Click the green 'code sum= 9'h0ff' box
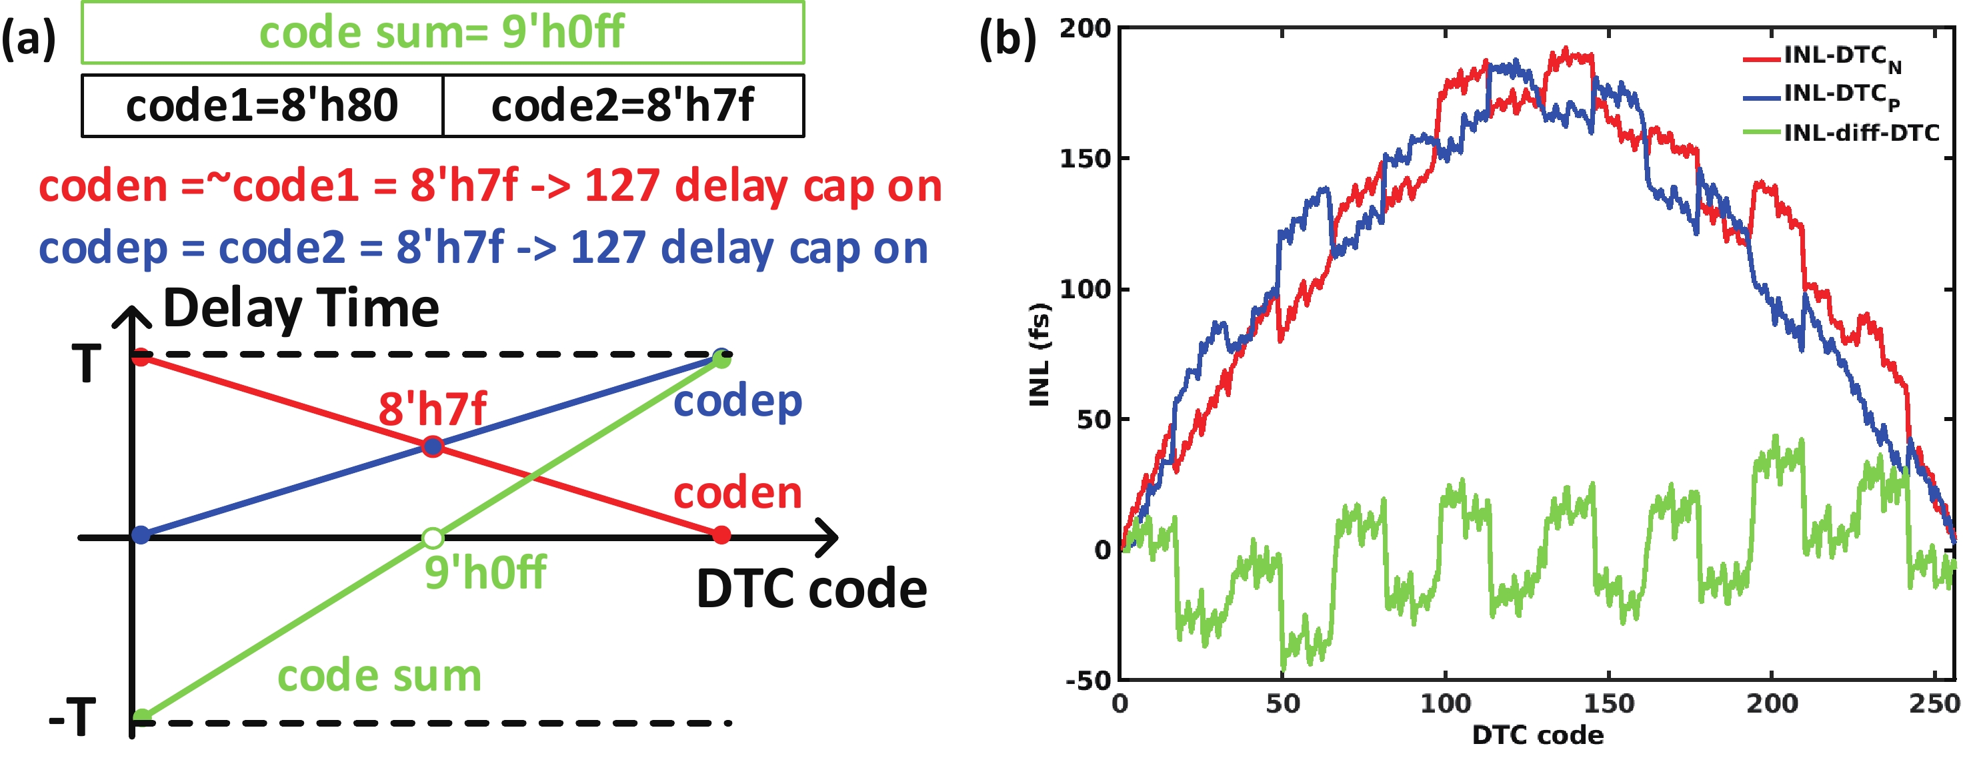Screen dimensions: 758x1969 [443, 33]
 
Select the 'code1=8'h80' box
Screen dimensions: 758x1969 [262, 105]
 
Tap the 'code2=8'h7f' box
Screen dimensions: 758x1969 [623, 105]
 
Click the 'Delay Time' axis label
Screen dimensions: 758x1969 [301, 308]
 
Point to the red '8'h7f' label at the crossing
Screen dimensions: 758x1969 [433, 408]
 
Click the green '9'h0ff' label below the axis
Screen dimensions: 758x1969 [485, 572]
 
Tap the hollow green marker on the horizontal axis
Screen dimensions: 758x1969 [433, 538]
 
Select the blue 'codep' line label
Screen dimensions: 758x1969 [737, 402]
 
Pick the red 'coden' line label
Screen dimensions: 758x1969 [737, 493]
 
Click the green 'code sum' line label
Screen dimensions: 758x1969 [379, 675]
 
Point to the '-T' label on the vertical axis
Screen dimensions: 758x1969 [73, 717]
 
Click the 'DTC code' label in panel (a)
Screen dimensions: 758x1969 [811, 589]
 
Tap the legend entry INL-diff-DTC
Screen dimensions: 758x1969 [1861, 133]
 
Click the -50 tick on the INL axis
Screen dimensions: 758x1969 [1088, 680]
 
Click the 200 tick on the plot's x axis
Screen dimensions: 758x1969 [1771, 703]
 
